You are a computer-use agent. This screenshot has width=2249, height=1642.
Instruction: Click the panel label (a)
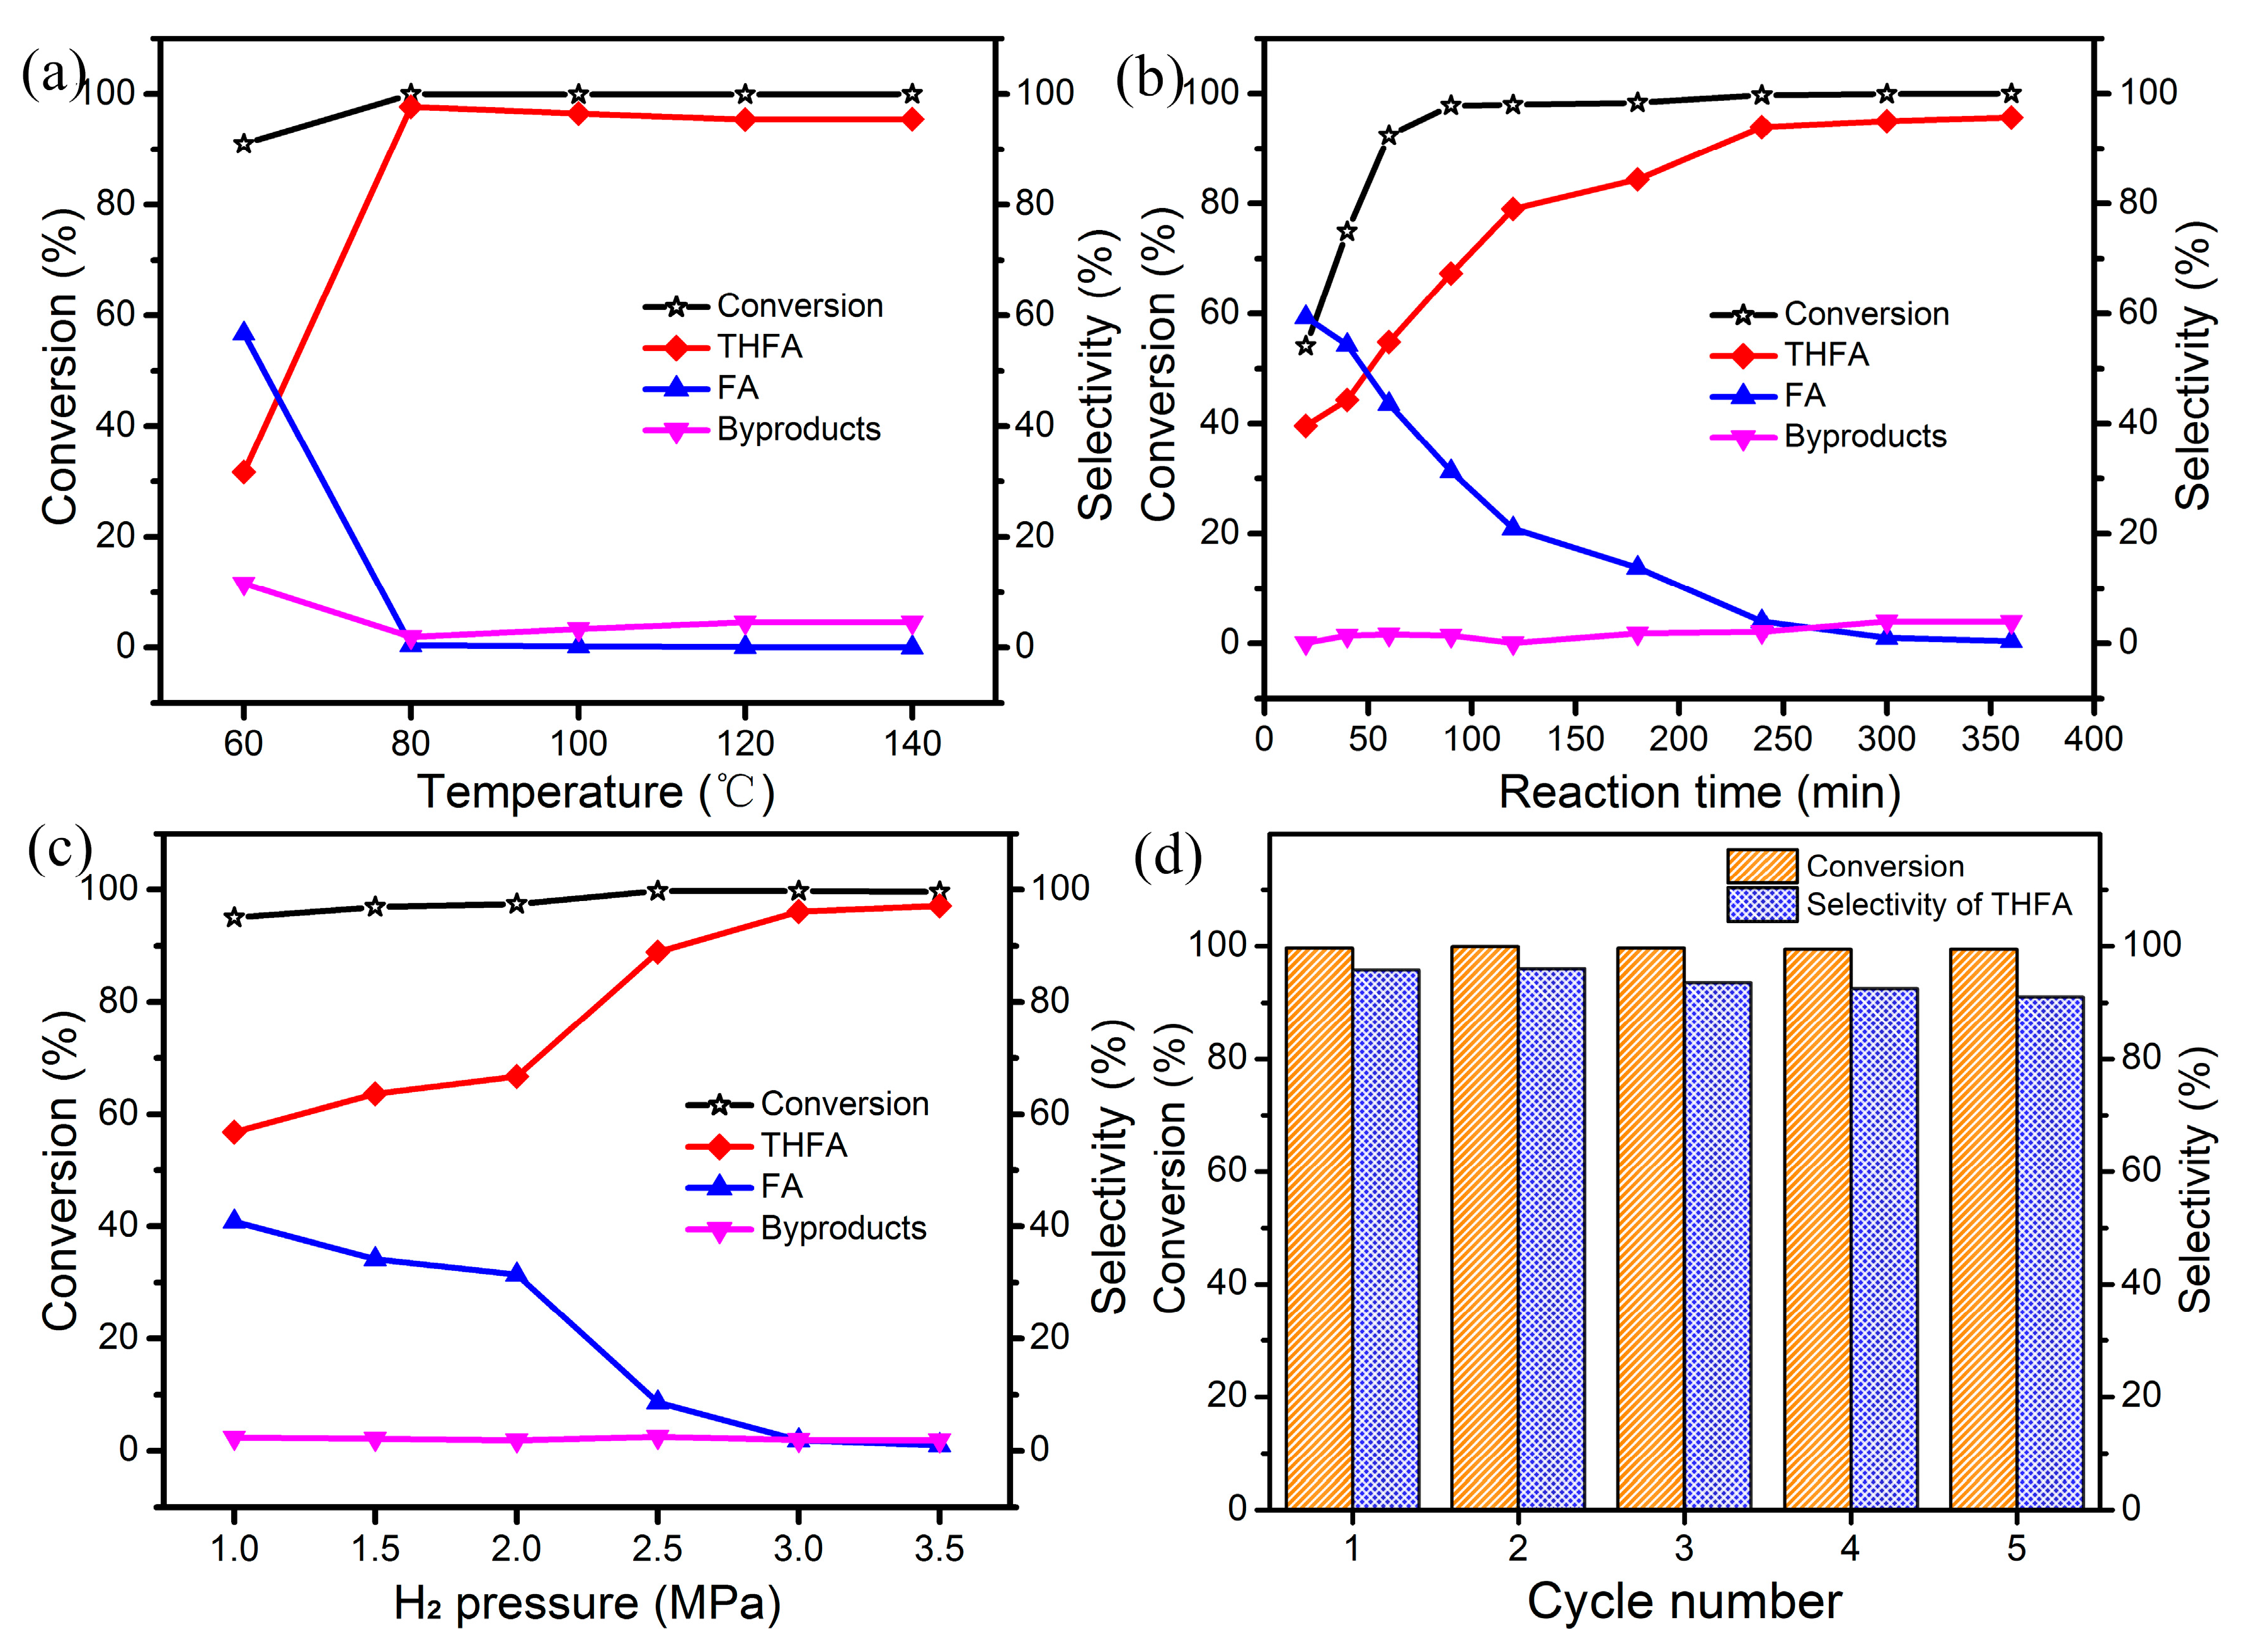point(52,74)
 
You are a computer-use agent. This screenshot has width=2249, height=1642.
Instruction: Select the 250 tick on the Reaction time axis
point(1783,738)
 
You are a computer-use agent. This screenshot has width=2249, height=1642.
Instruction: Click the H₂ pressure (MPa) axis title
point(587,1603)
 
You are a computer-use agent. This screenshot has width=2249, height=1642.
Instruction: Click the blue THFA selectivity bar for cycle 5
point(2050,1253)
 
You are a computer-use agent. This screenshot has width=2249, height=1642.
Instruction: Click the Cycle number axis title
point(1683,1601)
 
